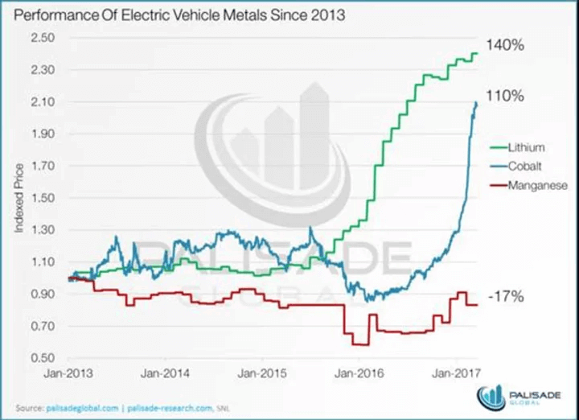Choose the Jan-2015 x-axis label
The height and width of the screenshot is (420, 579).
[x=264, y=373]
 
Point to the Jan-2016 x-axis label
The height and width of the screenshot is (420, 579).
[x=359, y=373]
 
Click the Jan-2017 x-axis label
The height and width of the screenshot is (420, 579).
[x=456, y=373]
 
